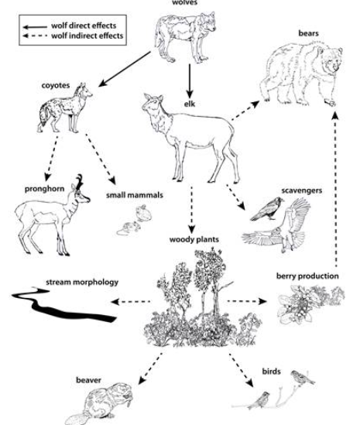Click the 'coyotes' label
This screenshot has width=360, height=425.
(x=56, y=85)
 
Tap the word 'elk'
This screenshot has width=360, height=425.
(x=190, y=104)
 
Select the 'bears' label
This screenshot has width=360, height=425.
(x=308, y=33)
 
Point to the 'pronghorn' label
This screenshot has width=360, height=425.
(x=44, y=189)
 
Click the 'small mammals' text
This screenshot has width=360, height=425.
(x=135, y=195)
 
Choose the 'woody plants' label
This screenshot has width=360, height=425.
(x=194, y=240)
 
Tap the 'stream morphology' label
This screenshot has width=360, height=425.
(x=82, y=282)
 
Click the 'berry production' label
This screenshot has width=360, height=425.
(x=307, y=276)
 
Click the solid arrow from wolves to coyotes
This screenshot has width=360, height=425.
(x=125, y=69)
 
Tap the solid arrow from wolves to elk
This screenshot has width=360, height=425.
(x=190, y=81)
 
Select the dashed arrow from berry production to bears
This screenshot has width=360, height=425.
(x=335, y=189)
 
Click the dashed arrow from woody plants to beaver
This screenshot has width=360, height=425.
(x=150, y=368)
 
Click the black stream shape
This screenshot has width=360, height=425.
(x=64, y=307)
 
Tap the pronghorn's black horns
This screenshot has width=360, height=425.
(x=79, y=182)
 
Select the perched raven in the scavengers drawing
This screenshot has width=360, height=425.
(x=267, y=209)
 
